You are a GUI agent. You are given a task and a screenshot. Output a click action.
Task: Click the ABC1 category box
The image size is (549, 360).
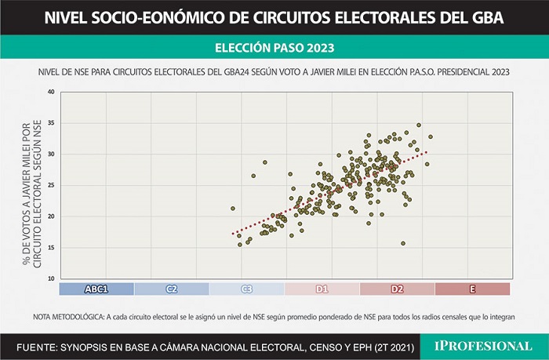[x=96, y=289]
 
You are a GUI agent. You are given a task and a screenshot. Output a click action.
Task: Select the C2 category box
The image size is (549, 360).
[x=172, y=289]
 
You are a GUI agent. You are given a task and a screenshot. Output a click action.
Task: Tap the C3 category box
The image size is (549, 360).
[x=247, y=289]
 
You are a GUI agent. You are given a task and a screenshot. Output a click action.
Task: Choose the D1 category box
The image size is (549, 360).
[x=322, y=289]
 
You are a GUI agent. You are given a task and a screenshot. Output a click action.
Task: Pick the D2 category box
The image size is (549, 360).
[x=397, y=289]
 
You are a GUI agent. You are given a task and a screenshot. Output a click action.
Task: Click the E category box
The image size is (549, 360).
[x=472, y=289]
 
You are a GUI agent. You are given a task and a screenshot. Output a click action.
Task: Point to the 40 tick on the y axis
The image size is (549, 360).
[x=51, y=92]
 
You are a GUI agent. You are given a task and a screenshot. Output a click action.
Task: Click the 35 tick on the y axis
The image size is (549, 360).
[x=51, y=123]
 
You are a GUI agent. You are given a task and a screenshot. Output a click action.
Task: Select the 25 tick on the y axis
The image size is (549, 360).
[x=51, y=185]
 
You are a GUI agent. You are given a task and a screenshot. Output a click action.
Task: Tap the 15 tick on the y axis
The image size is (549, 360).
[x=51, y=248]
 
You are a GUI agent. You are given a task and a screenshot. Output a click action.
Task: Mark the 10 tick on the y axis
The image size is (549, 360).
[x=51, y=278]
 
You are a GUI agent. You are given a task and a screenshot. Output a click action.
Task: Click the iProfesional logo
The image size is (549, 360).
[x=484, y=347]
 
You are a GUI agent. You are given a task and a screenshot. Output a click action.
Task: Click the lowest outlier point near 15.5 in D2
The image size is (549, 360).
[x=403, y=243]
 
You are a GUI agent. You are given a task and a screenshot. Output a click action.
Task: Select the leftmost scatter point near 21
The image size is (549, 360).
[x=233, y=209]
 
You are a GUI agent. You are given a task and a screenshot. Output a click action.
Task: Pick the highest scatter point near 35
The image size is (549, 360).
[x=419, y=125]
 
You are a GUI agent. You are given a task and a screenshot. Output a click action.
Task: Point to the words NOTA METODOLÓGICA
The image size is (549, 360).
[x=69, y=317]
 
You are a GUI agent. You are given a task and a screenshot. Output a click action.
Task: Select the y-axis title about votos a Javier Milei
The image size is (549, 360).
[x=32, y=194]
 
